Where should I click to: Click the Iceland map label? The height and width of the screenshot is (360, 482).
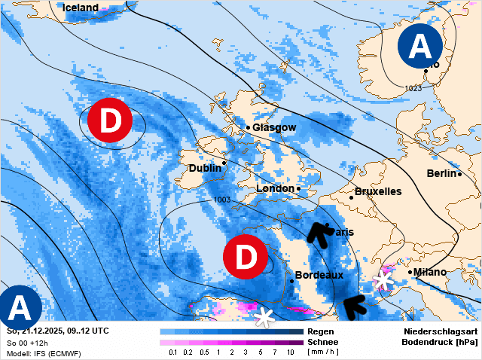(81, 8)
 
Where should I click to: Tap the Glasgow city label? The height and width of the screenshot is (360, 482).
(274, 128)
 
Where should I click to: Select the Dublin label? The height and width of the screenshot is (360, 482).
(205, 169)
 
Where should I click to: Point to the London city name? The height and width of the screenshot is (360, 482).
(275, 188)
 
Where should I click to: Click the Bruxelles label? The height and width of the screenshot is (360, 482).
(378, 192)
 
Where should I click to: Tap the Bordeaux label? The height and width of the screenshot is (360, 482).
(319, 276)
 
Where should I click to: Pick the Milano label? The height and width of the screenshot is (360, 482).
(430, 272)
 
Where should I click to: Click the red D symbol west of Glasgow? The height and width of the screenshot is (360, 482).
(110, 121)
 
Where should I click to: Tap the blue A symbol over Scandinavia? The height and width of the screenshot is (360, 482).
(421, 47)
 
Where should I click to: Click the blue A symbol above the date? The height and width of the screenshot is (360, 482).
(19, 309)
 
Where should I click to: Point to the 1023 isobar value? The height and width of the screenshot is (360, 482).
(413, 89)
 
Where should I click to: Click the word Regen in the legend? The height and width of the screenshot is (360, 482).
(322, 331)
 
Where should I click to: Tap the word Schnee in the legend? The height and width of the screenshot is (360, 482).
(324, 342)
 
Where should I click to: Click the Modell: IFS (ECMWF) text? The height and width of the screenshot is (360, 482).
(44, 353)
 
